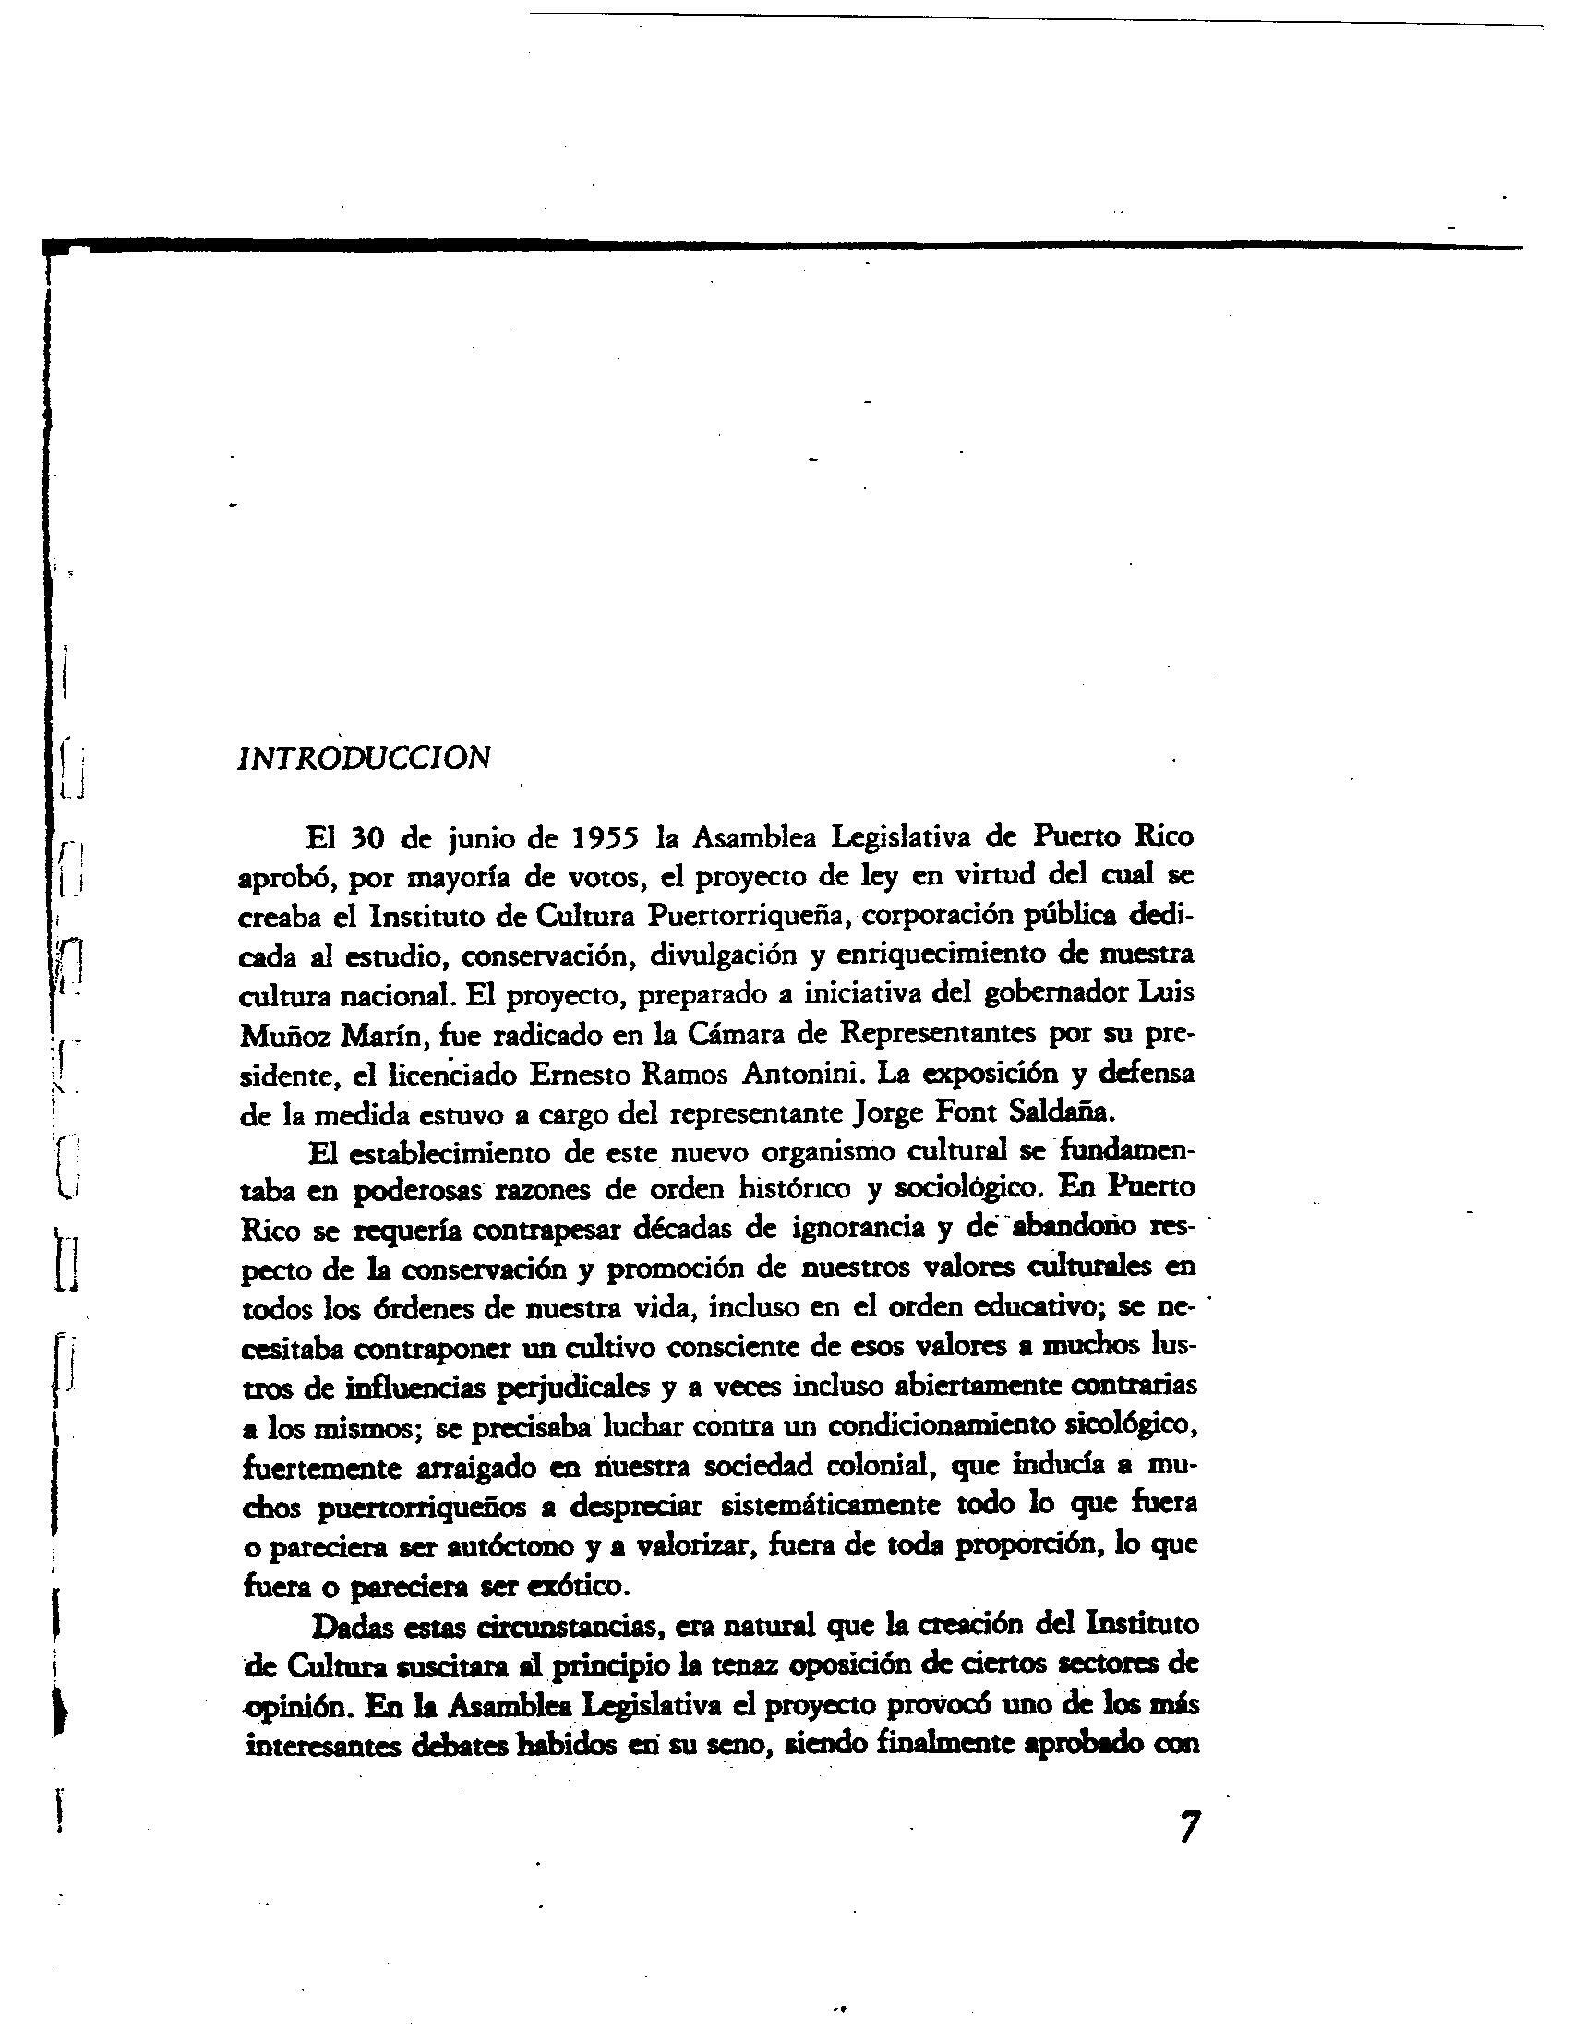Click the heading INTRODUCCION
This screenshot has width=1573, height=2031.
tap(364, 758)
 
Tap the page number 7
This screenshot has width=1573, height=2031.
tap(1189, 1853)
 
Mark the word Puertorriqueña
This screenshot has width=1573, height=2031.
tap(745, 916)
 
